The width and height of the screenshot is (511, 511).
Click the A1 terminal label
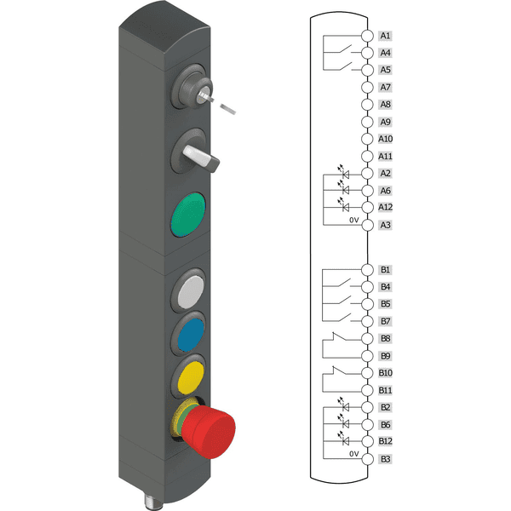386,36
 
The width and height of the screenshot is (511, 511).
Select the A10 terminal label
386,139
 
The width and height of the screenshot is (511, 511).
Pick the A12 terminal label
386,207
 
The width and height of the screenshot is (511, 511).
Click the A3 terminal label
386,225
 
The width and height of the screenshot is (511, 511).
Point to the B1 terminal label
386,269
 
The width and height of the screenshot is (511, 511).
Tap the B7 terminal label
386,321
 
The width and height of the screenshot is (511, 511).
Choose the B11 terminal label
386,390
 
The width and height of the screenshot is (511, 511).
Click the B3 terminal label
386,459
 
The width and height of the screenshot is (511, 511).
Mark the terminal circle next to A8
366,105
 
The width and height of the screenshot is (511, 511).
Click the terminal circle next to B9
366,355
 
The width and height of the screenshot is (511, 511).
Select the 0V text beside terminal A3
355,221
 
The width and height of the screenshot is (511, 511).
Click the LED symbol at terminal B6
345,423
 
